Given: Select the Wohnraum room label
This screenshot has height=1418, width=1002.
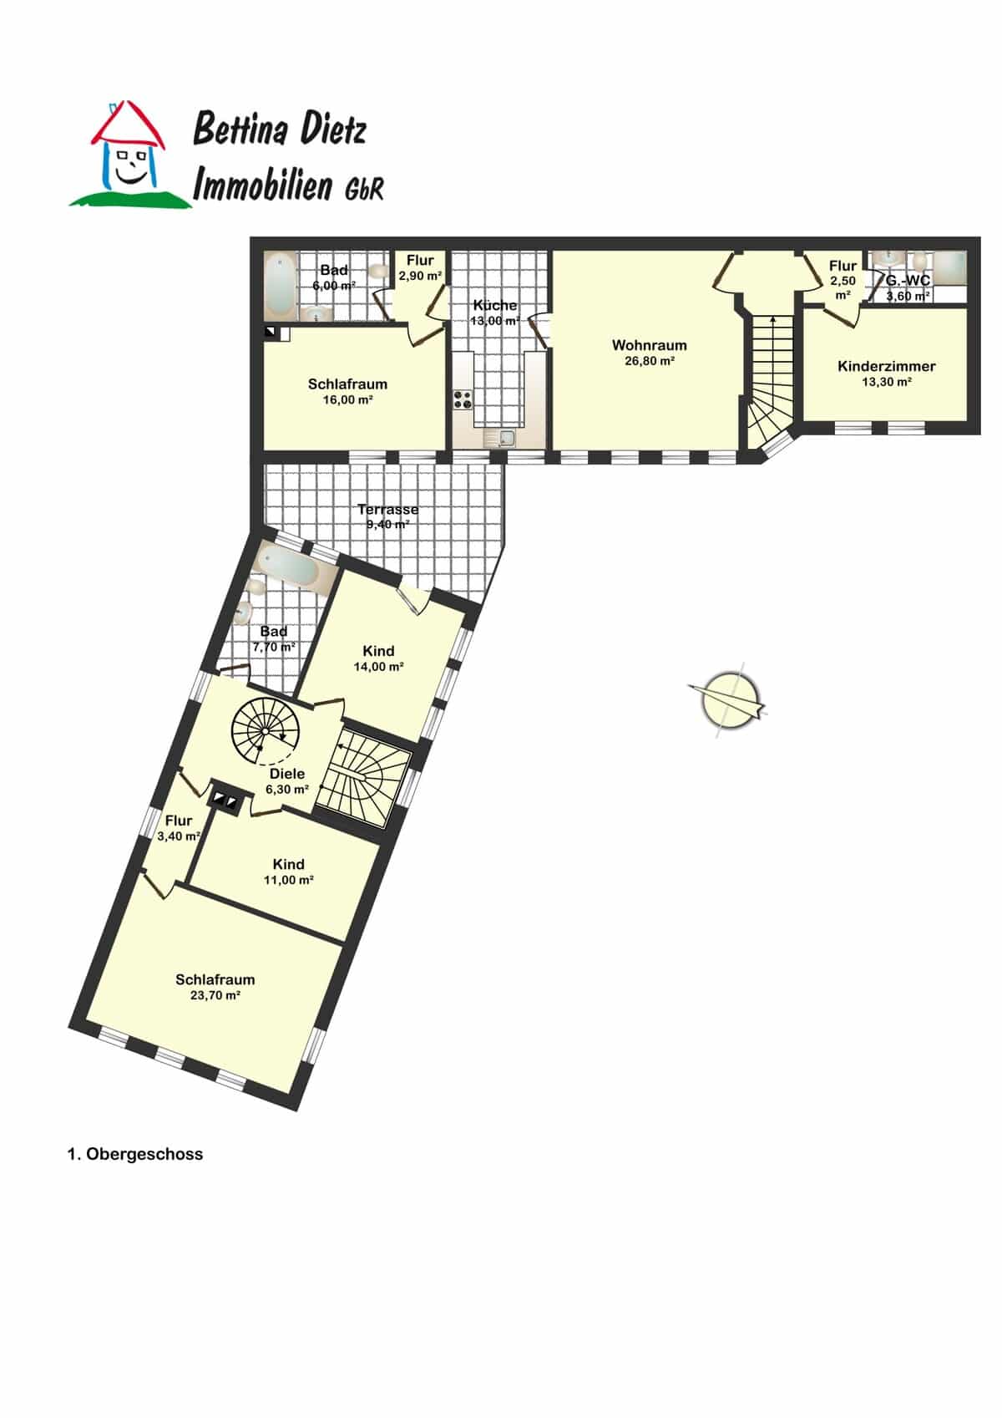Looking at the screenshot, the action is pos(649,346).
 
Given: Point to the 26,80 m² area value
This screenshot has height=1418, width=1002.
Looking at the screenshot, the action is pos(649,362).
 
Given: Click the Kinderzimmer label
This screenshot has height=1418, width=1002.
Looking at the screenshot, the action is pos(886,367).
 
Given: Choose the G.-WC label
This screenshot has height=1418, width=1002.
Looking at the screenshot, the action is pos(907,281).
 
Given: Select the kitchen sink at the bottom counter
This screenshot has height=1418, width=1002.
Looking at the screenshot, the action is pos(499,437).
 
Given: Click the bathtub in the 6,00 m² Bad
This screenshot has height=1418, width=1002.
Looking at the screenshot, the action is pos(279,287).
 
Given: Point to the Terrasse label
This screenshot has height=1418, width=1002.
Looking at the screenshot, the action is pos(387,510).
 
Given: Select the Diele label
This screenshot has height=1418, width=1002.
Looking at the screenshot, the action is pos(287,774).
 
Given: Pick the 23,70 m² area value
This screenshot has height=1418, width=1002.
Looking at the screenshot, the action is pos(215,995).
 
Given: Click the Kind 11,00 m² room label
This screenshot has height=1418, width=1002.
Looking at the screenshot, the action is pos(288,865).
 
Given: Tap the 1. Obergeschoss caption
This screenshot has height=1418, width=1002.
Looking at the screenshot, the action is pos(135,1154).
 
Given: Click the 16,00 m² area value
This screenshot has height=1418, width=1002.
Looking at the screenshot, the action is pos(347,399).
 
